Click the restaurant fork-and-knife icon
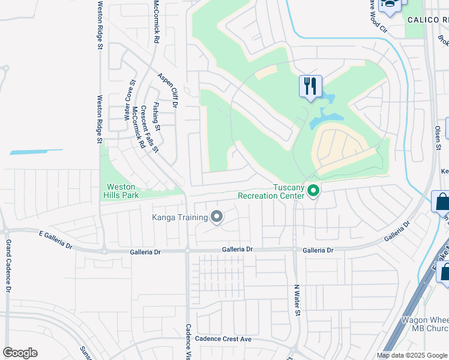310,86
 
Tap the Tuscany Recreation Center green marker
313,191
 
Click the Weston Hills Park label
123,191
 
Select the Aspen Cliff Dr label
169,90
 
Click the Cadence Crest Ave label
223,339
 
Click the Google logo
20,353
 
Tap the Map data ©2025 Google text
412,355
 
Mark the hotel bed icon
390,5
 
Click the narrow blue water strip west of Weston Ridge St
36,152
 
